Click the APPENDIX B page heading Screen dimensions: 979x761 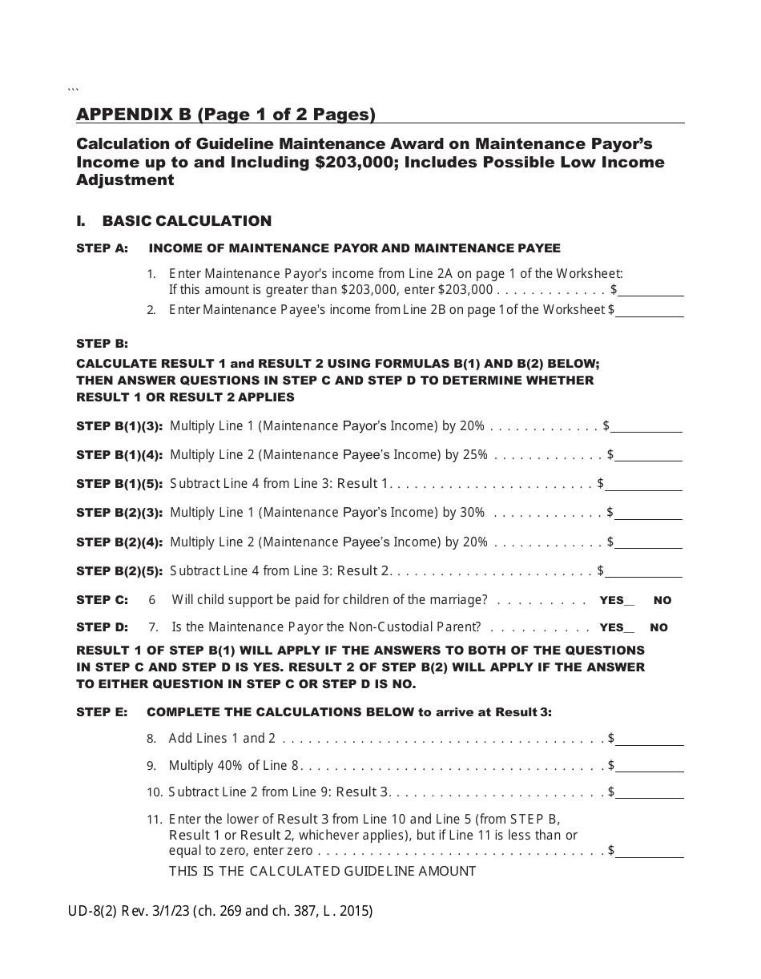tap(226, 115)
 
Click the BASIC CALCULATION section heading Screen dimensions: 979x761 tap(187, 221)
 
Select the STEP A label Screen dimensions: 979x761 tap(102, 248)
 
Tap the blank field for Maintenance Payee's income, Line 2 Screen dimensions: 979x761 tap(650, 309)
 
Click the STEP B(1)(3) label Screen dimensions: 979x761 tap(119, 426)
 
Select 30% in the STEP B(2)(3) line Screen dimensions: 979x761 tap(473, 513)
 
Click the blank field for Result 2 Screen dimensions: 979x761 tap(645, 570)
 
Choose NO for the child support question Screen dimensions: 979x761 tap(662, 601)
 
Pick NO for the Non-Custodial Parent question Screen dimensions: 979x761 tap(658, 628)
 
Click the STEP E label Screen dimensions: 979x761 tap(102, 712)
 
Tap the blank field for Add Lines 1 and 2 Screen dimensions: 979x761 tap(650, 739)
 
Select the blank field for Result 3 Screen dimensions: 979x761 tap(650, 792)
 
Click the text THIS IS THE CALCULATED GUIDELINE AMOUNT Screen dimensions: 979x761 tap(322, 871)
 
